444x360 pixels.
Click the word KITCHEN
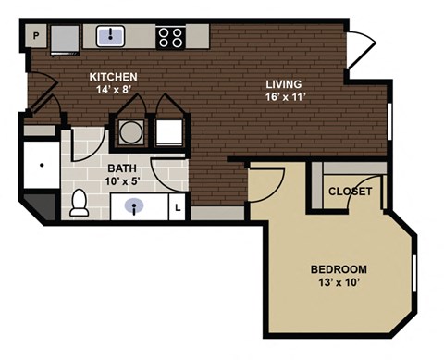[114, 77]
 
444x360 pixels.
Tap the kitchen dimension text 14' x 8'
[114, 91]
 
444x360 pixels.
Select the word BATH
[121, 168]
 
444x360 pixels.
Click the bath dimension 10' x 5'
[121, 181]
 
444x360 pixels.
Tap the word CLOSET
[351, 192]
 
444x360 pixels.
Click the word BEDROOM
[339, 269]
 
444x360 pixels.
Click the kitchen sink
[111, 36]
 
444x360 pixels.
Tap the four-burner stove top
[170, 37]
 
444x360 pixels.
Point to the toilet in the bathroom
[80, 200]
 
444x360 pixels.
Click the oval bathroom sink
[136, 206]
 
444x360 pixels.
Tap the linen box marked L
[179, 208]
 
